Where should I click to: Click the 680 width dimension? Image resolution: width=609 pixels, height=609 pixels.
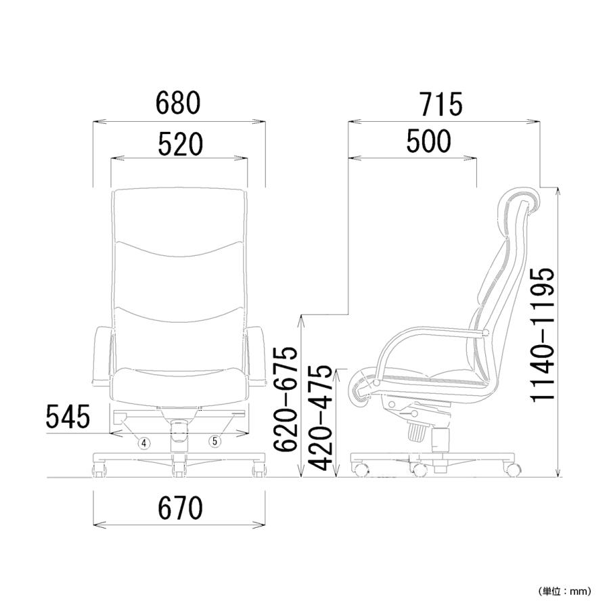coord(178,103)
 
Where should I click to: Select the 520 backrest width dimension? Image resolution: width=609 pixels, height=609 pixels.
coord(180,143)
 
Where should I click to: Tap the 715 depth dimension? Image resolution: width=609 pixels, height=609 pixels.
coord(442,104)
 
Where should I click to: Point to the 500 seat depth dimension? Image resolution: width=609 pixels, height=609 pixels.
coord(429,141)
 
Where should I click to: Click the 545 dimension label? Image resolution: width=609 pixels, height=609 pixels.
coord(68,416)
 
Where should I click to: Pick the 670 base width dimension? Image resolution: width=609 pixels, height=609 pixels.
coord(180,508)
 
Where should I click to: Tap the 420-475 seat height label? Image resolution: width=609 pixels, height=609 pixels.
coord(320,418)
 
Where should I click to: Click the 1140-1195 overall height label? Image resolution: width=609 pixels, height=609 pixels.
coord(542,334)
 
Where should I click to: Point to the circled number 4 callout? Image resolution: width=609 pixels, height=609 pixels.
coord(144,443)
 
